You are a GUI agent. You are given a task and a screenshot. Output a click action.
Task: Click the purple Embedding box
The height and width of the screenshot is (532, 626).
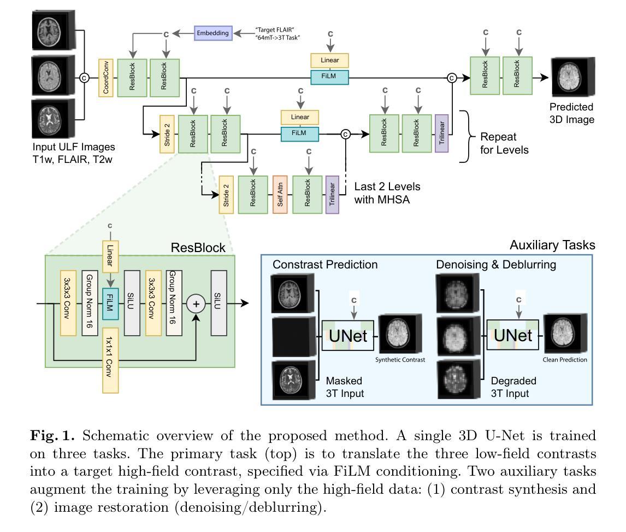(x=213, y=33)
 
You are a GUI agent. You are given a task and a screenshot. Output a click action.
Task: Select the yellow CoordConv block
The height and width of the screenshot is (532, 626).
(x=105, y=77)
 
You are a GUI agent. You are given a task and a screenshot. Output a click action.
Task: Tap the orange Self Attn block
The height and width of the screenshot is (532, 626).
(x=279, y=195)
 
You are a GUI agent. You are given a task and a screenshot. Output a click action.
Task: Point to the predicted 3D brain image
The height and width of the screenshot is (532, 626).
(x=569, y=78)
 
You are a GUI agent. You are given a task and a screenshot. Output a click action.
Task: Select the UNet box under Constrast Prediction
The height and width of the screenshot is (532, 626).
(x=347, y=335)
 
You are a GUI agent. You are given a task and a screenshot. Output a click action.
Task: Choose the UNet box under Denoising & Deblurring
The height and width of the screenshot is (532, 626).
(x=511, y=335)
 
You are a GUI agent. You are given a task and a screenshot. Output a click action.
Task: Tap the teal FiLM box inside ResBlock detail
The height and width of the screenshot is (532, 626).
(x=110, y=302)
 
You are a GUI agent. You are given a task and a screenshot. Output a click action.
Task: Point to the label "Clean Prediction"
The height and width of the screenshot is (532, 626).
(x=565, y=360)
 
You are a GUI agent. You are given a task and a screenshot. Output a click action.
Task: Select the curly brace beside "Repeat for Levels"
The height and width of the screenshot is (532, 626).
(x=464, y=136)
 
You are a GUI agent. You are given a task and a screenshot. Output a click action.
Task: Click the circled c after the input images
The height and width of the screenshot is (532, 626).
(x=84, y=78)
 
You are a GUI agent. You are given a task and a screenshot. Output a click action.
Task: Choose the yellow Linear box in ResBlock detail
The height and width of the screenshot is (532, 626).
(x=110, y=256)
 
